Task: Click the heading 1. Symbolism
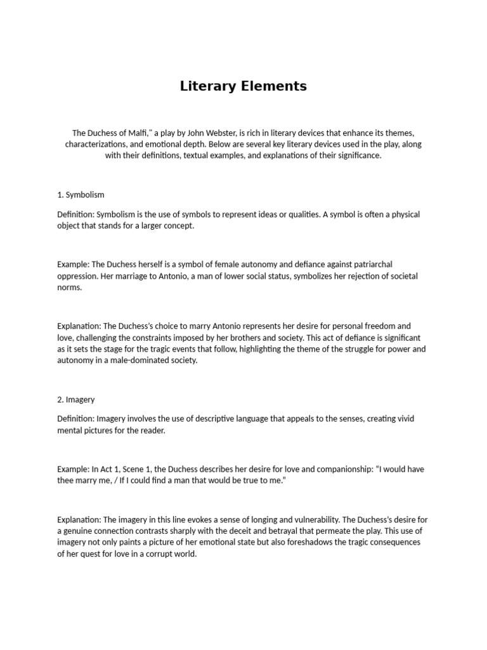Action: tap(81, 194)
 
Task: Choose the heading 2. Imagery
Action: tap(76, 399)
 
